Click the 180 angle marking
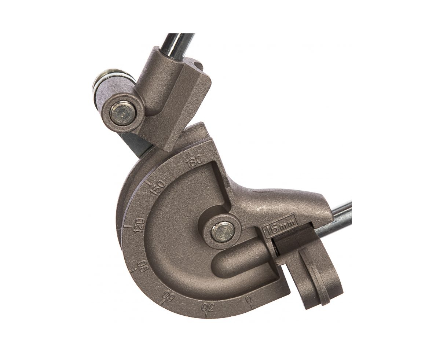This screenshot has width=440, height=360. (194, 160)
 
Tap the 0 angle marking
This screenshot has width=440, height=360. (248, 300)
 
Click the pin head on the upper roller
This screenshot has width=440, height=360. (123, 114)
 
